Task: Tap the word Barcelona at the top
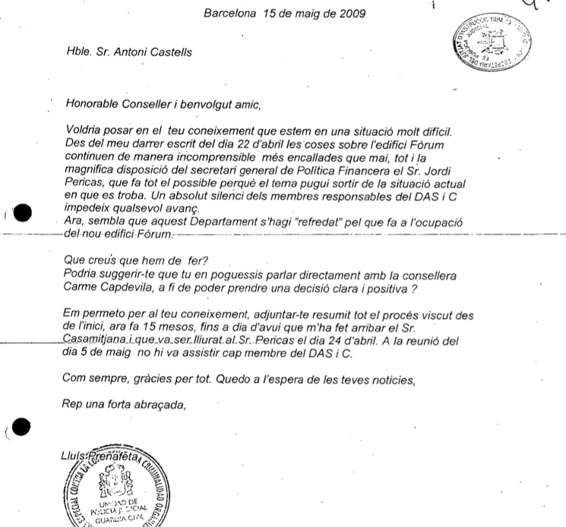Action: (229, 13)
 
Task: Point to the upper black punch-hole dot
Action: (23, 214)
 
